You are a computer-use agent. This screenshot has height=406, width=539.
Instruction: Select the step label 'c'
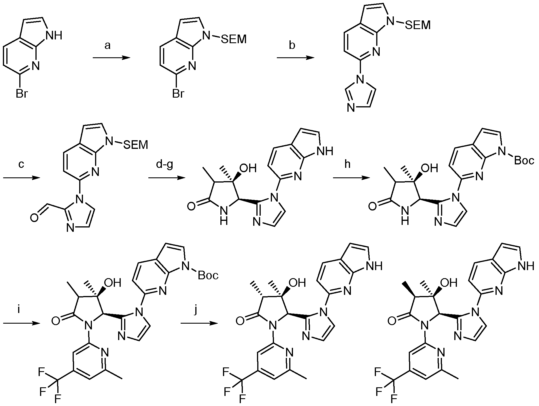(21, 165)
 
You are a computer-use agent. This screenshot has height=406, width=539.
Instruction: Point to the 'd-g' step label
(164, 165)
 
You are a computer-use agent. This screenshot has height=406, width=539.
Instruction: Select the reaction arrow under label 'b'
(295, 58)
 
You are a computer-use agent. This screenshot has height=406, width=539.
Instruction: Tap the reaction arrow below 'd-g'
(167, 178)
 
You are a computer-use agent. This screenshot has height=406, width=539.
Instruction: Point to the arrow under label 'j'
(199, 323)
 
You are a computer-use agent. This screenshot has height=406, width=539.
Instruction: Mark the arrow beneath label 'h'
(351, 178)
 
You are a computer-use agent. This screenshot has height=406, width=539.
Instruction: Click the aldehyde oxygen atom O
(34, 219)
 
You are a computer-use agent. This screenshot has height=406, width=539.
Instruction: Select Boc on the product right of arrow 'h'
(524, 161)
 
